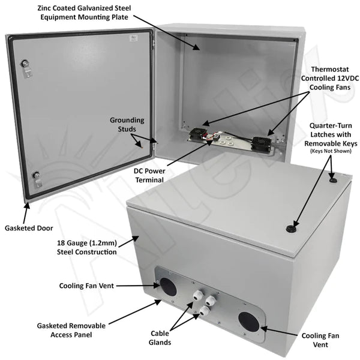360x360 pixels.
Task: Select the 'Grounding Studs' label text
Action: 126,124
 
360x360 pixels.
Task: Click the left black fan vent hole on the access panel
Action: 169,287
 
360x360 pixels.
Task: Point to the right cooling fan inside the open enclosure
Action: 262,143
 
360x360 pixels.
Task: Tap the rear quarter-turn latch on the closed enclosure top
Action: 333,179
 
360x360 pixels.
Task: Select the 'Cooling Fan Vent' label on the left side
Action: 95,286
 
